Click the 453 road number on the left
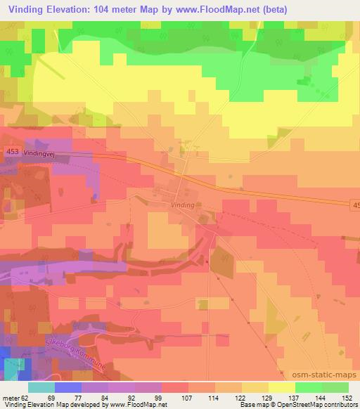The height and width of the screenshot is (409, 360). point(11,151)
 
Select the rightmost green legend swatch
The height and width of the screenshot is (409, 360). point(335,387)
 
